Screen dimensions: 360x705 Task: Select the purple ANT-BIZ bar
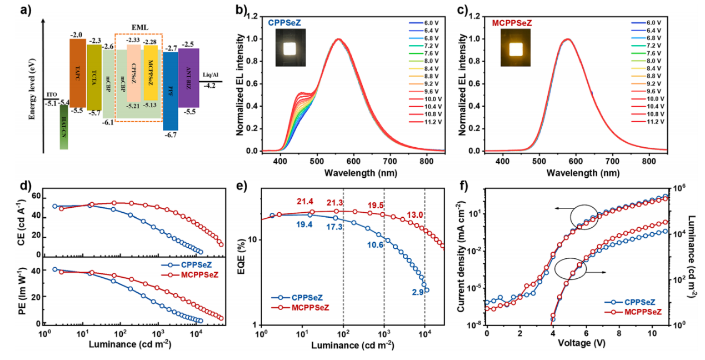[x=189, y=78]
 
